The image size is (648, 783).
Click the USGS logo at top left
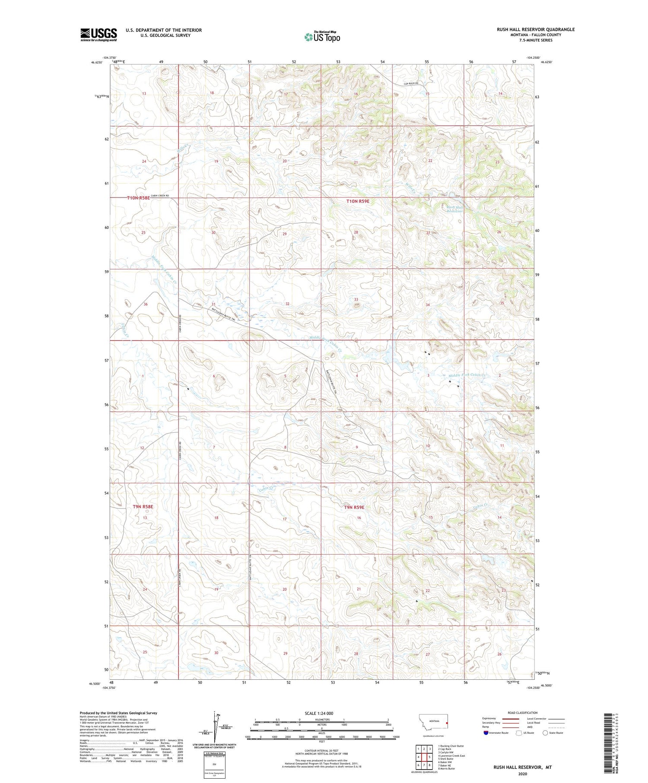(98, 35)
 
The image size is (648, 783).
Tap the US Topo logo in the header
(322, 37)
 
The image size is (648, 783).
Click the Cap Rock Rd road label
(411, 83)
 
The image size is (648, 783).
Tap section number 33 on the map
(356, 299)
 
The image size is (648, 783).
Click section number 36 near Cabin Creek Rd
(146, 304)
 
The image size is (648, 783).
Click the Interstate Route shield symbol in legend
(486, 733)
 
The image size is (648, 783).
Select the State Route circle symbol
(545, 733)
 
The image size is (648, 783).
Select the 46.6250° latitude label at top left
(97, 62)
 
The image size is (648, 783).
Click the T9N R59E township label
(354, 507)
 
